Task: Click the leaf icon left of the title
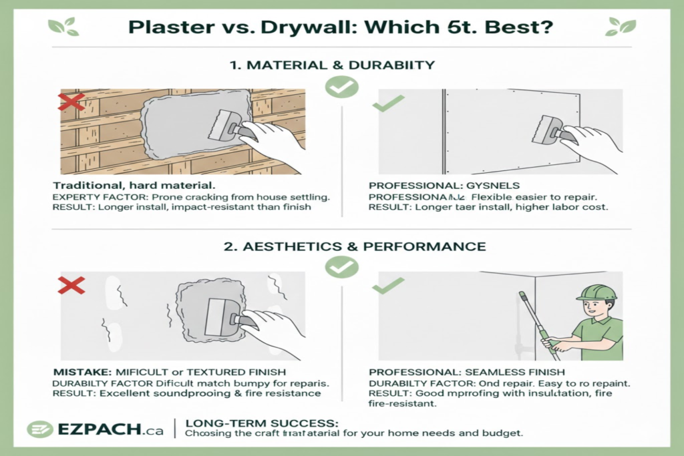[x=63, y=27]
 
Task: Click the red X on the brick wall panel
[x=71, y=102]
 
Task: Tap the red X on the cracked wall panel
[x=71, y=285]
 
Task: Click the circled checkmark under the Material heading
[x=341, y=87]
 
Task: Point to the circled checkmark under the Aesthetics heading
[x=341, y=268]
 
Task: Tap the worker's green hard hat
[x=596, y=292]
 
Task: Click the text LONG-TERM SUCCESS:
[x=261, y=423]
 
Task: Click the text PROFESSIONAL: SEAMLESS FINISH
[x=466, y=371]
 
